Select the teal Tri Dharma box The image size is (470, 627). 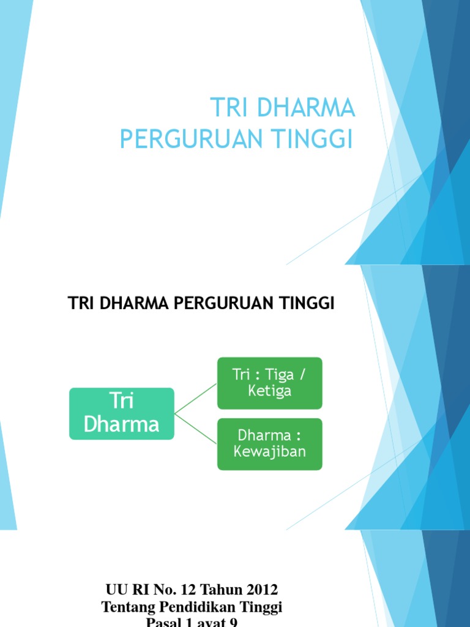pyautogui.click(x=122, y=413)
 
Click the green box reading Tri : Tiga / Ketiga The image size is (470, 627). pyautogui.click(x=269, y=383)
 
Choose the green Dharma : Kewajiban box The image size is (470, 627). pyautogui.click(x=269, y=444)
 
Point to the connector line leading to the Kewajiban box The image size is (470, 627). pyautogui.click(x=196, y=428)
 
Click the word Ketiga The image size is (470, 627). pyautogui.click(x=269, y=391)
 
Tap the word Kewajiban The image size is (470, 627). pyautogui.click(x=269, y=452)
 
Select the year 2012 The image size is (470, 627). pyautogui.click(x=261, y=590)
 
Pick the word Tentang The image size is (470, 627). pyautogui.click(x=125, y=607)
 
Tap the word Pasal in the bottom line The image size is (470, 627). pyautogui.click(x=165, y=622)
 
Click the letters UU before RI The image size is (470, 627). pyautogui.click(x=116, y=590)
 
